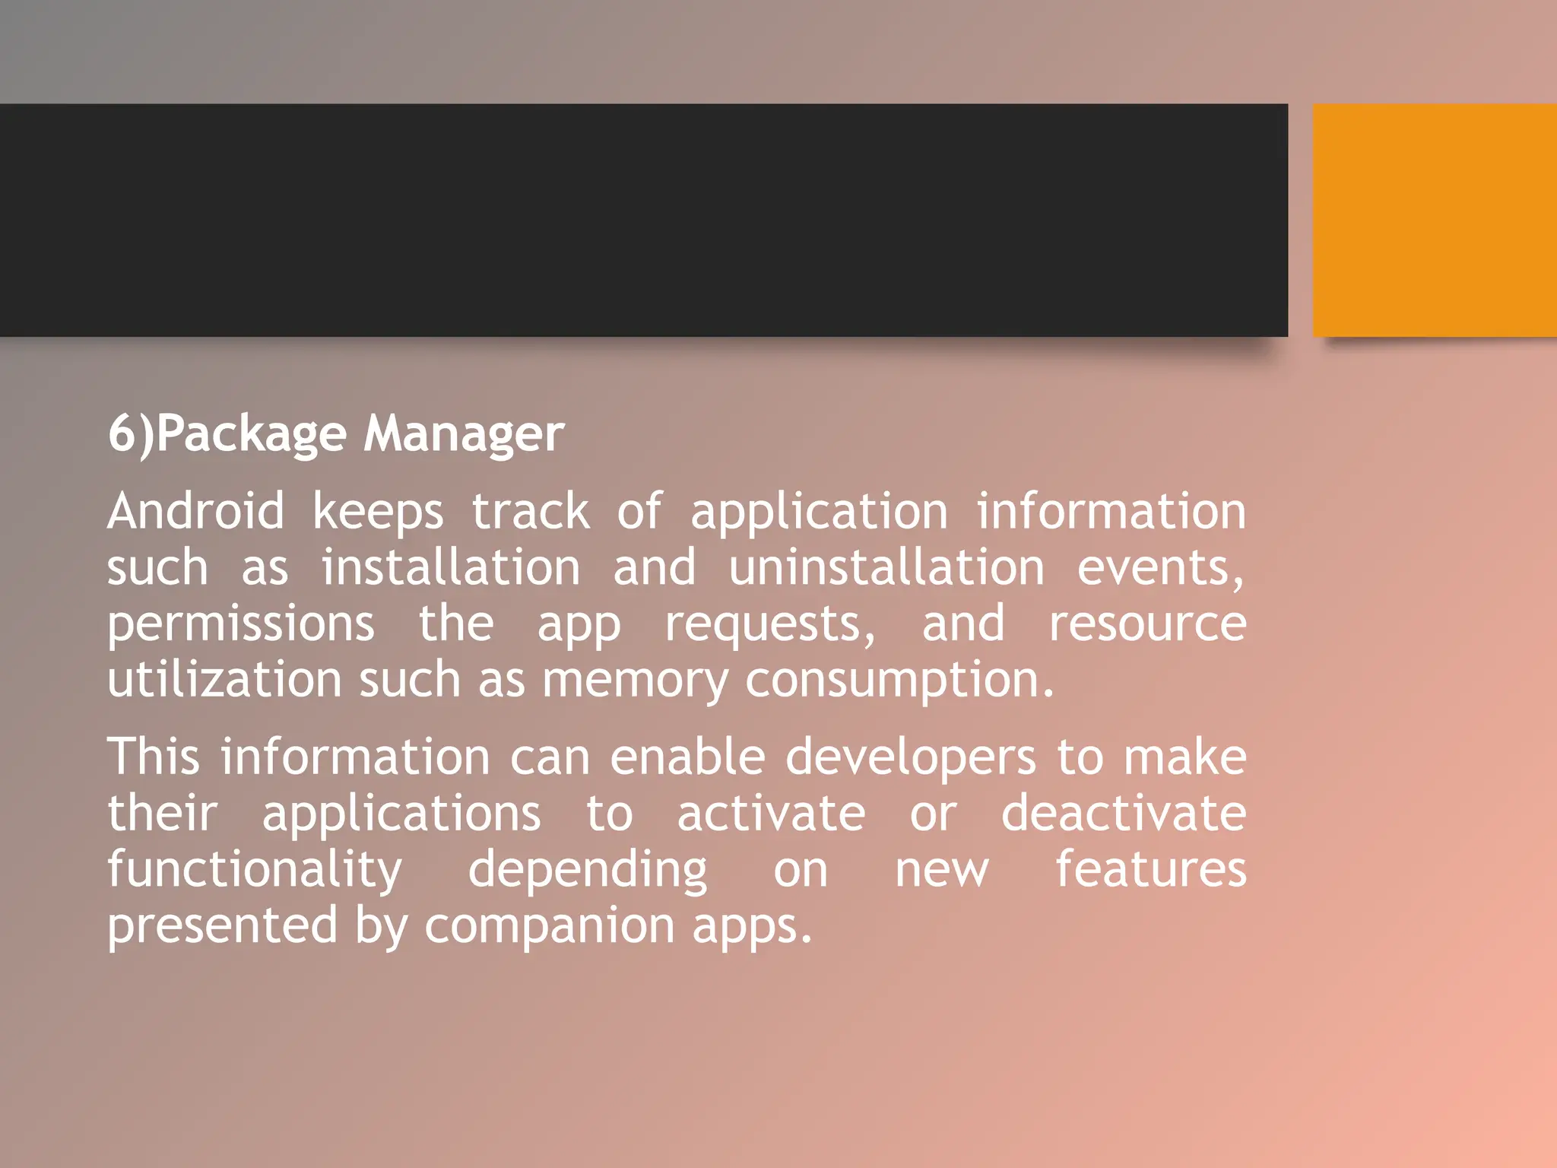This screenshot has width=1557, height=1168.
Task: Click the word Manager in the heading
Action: tap(464, 434)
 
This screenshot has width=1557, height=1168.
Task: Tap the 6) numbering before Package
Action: tap(131, 434)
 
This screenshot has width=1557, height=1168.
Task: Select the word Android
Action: tap(195, 511)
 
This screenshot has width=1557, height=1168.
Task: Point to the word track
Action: tap(530, 511)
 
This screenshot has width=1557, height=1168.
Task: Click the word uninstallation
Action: tap(886, 568)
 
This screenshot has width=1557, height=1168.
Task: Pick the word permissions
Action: tap(240, 624)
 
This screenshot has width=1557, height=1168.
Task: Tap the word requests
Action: tap(769, 624)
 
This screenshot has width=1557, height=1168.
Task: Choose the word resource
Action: tap(1147, 624)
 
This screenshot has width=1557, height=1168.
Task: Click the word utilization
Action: tap(224, 680)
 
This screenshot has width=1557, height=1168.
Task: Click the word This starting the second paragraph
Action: tap(154, 757)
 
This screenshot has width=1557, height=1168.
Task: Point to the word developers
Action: tap(910, 759)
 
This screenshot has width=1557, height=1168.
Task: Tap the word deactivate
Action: tap(1123, 814)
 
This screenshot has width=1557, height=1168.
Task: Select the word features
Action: tap(1150, 869)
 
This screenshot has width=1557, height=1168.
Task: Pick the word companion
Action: tap(549, 926)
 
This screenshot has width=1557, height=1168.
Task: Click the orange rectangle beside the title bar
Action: tap(1435, 220)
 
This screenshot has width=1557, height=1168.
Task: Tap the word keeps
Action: tap(378, 513)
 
